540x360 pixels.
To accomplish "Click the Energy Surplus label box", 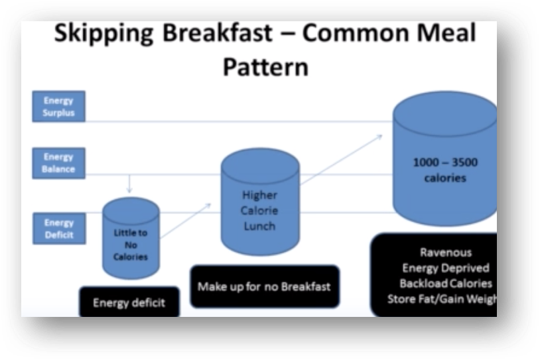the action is pyautogui.click(x=58, y=107).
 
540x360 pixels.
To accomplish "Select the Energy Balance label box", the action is pyautogui.click(x=58, y=163).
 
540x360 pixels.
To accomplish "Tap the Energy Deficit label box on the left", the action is pyautogui.click(x=58, y=229).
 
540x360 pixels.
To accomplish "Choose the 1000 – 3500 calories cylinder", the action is pyautogui.click(x=444, y=166).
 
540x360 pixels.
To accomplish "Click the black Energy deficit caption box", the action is pyautogui.click(x=129, y=303).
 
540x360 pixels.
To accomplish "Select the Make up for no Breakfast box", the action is pyautogui.click(x=264, y=287).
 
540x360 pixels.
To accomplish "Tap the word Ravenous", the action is pyautogui.click(x=445, y=253).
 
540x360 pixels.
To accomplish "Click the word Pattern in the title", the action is pyautogui.click(x=265, y=67).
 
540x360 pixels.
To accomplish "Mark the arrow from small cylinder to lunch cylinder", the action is pyautogui.click(x=185, y=220).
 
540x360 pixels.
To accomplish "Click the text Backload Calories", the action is pyautogui.click(x=445, y=284).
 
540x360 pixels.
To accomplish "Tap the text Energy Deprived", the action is pyautogui.click(x=445, y=269).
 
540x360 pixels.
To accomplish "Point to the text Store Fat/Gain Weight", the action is pyautogui.click(x=442, y=299).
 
